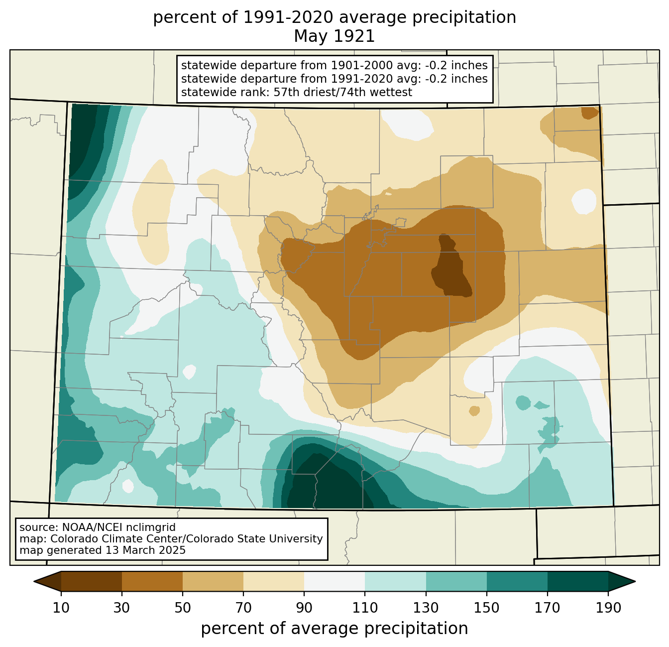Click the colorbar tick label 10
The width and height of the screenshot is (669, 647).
pyautogui.click(x=61, y=608)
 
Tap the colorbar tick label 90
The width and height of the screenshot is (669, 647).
pyautogui.click(x=304, y=608)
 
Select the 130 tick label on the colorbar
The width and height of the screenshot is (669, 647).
pyautogui.click(x=426, y=608)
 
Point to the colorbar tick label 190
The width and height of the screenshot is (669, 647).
pyautogui.click(x=608, y=608)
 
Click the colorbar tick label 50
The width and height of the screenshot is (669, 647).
pyautogui.click(x=183, y=608)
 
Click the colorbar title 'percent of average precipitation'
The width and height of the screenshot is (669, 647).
pyautogui.click(x=334, y=628)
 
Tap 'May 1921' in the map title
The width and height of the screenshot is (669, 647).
pyautogui.click(x=334, y=36)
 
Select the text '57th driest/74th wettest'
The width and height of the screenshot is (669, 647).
pyautogui.click(x=343, y=92)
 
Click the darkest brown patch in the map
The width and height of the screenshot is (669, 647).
pyautogui.click(x=451, y=265)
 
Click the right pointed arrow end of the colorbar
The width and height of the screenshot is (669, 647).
pyautogui.click(x=622, y=581)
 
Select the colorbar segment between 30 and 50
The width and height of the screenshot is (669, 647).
pyautogui.click(x=152, y=581)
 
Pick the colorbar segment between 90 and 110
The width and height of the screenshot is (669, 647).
pyautogui.click(x=334, y=581)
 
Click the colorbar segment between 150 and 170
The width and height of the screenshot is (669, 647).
pyautogui.click(x=517, y=581)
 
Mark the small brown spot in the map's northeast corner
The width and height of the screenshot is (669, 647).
pyautogui.click(x=589, y=113)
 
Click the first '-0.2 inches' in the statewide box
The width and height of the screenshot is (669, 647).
pyautogui.click(x=456, y=65)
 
